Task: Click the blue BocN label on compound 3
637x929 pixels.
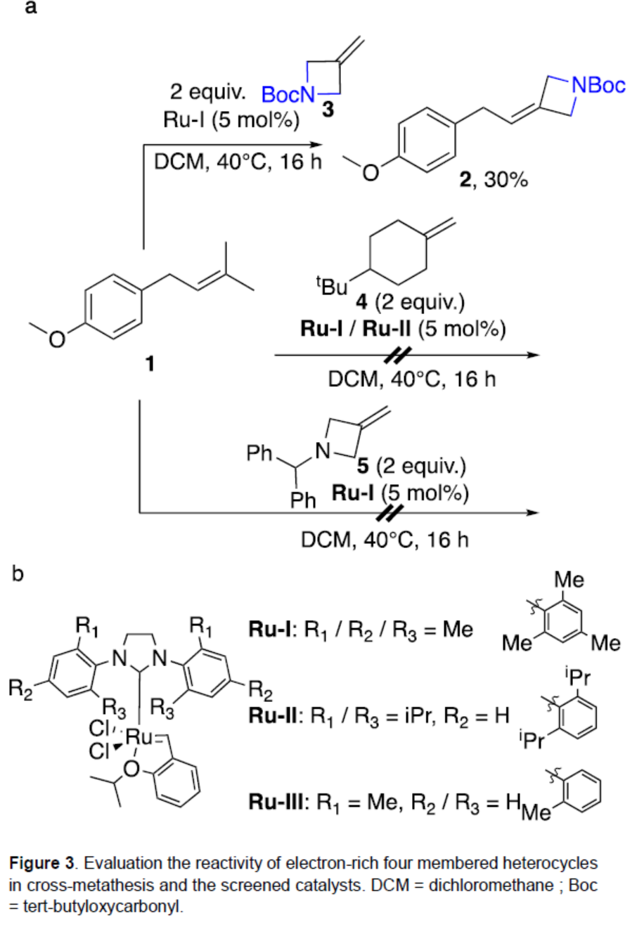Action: click(288, 94)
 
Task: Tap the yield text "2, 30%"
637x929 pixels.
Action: click(493, 180)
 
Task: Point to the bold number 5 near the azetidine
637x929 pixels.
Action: click(364, 464)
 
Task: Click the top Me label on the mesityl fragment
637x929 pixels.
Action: click(569, 580)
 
